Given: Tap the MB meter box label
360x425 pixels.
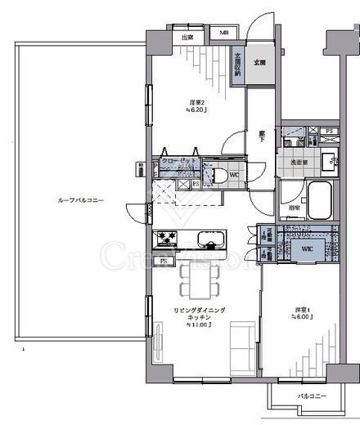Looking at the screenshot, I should [x=223, y=34].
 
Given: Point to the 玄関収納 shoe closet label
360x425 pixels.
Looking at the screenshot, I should [x=238, y=65].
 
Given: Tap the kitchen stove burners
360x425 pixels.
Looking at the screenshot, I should [x=168, y=239].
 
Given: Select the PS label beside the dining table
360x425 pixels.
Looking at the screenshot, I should [x=164, y=262].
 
